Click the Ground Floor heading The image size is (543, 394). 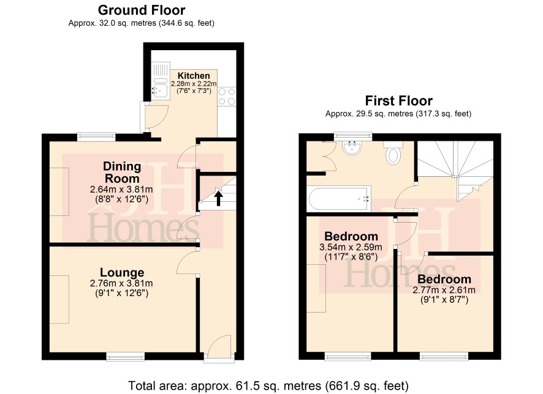pos(142,10)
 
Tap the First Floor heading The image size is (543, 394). pos(398,101)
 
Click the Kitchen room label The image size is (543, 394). pos(194,76)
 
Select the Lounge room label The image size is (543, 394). pos(122,273)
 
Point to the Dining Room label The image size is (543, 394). pos(122,173)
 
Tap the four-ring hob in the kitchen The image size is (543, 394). pos(227,97)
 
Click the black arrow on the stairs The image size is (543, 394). pos(218,199)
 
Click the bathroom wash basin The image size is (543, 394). pos(352,147)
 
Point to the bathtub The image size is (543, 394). pos(339,199)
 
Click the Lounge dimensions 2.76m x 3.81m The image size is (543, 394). pos(121,283)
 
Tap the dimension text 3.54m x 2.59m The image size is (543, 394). pos(351,247)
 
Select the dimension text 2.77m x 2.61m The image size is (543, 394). pos(444,290)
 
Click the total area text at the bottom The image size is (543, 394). pos(268,385)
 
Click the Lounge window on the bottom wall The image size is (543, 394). pos(126,356)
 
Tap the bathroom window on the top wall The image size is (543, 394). pos(353,136)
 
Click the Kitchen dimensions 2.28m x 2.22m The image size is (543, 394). pos(194,84)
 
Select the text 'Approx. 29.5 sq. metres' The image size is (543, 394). pos(369,114)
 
